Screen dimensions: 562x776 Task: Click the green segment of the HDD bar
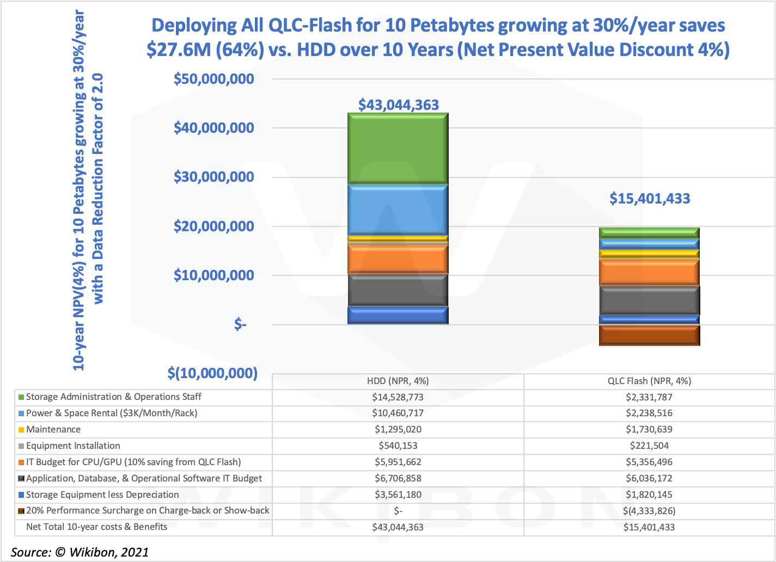coord(398,148)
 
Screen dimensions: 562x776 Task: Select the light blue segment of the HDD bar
coord(398,209)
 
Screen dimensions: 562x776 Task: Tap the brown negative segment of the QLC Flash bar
coord(649,335)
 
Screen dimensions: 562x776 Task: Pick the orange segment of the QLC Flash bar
coord(649,272)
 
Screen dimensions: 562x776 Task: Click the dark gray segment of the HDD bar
coord(398,290)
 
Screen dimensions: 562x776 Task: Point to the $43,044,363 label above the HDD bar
coord(398,104)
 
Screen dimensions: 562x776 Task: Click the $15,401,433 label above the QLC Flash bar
coord(650,199)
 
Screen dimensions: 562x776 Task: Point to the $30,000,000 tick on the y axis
coord(213,177)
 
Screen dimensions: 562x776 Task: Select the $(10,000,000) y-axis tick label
coord(212,373)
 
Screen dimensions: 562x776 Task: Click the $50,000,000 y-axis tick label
coord(213,79)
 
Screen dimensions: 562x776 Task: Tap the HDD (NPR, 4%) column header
coord(398,381)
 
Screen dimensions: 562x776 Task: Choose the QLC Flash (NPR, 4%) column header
coord(649,381)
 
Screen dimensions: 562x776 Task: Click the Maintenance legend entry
coord(53,429)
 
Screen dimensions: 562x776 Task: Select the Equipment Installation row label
coord(73,446)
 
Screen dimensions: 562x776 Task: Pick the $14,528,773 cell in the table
coord(398,397)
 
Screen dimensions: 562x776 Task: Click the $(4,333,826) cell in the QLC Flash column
coord(649,510)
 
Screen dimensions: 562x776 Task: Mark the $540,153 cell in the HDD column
coord(398,446)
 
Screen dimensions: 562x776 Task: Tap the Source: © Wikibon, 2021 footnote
coord(80,552)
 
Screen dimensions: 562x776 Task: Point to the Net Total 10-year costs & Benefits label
coord(96,527)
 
